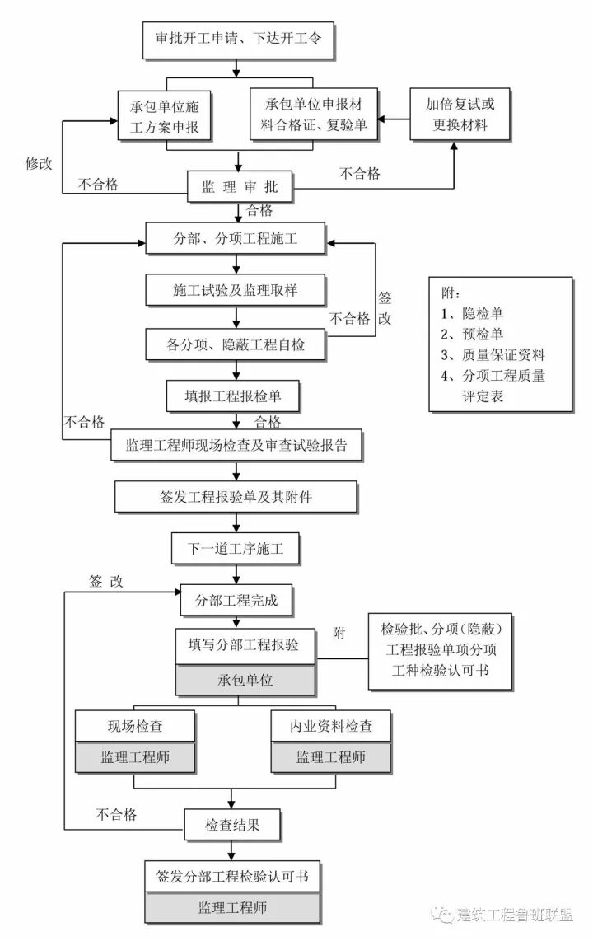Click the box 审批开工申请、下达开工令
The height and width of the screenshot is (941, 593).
click(x=238, y=39)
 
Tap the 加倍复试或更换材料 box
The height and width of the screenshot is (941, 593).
click(x=460, y=115)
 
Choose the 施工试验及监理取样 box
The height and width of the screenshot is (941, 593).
click(x=237, y=290)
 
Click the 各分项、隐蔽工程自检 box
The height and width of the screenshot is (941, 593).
click(x=236, y=344)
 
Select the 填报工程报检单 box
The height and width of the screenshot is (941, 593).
click(x=233, y=396)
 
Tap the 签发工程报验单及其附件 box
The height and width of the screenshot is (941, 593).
click(x=236, y=498)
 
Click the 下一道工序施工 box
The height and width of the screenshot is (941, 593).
click(x=236, y=549)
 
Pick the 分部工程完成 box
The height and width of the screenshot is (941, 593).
click(x=236, y=600)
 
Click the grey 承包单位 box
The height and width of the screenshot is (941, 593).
click(x=245, y=681)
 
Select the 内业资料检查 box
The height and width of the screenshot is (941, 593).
click(x=330, y=726)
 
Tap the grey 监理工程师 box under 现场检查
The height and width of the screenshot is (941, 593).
click(x=135, y=757)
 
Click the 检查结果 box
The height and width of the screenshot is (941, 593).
click(x=233, y=823)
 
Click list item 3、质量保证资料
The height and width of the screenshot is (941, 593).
click(x=493, y=355)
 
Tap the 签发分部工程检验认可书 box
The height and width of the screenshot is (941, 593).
click(x=233, y=876)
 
